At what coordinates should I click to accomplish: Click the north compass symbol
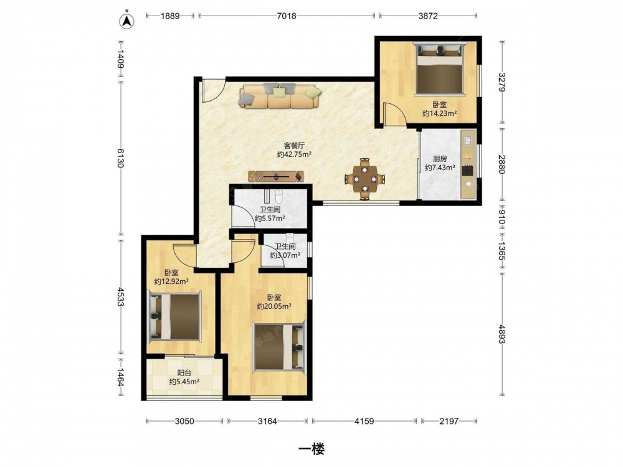127,21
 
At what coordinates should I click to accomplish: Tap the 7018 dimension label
287,16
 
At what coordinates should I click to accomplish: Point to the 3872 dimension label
428,16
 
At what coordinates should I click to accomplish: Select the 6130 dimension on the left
121,158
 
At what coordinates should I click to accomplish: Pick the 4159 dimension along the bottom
364,421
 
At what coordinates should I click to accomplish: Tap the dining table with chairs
365,179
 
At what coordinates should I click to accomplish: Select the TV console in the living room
276,176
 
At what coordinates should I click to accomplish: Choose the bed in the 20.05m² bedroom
280,347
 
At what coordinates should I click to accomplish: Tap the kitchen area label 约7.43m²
440,167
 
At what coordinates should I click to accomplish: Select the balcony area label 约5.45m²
184,382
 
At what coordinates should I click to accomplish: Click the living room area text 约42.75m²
294,154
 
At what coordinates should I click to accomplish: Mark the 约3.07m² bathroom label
285,255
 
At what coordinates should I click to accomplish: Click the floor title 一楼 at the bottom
311,449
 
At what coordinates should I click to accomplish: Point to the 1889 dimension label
170,16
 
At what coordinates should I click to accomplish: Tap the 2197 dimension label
449,421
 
